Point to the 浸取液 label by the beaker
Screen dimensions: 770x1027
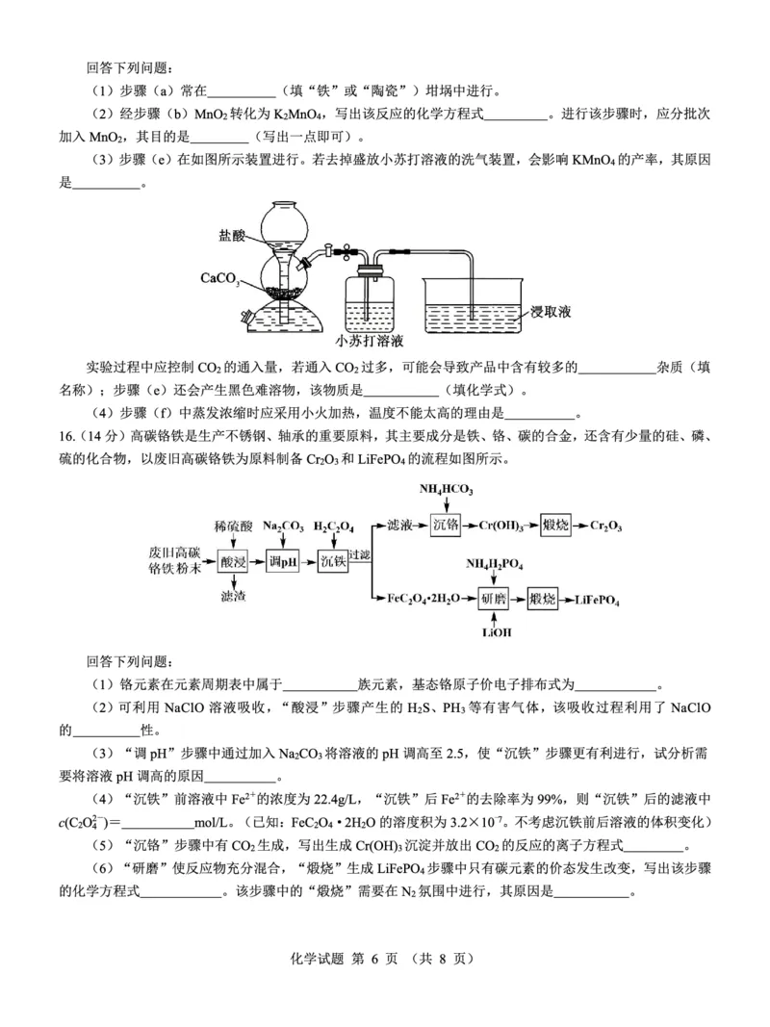tap(552, 312)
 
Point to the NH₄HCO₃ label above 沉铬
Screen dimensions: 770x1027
tap(442, 490)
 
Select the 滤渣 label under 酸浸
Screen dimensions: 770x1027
tap(234, 598)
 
